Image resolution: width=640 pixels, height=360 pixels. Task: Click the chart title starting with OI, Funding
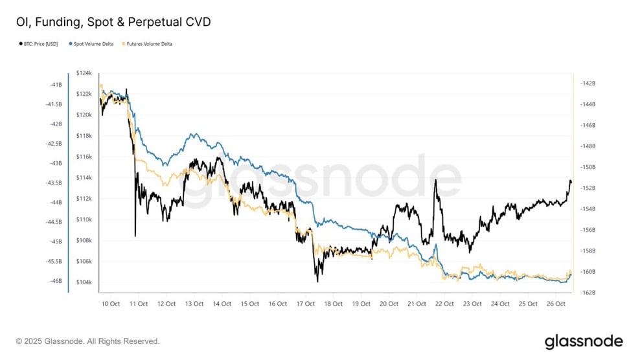[113, 22]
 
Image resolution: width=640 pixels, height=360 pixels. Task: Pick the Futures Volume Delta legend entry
[148, 44]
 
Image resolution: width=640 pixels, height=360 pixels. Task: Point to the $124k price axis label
[84, 73]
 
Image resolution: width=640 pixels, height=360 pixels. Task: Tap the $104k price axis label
[84, 282]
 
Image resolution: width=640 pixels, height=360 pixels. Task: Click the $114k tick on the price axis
[84, 177]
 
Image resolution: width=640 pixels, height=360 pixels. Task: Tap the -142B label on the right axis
[589, 84]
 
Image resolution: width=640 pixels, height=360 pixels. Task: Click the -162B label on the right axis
[589, 293]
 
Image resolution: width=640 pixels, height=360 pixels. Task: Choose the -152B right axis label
[589, 188]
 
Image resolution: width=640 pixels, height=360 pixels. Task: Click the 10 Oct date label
[111, 303]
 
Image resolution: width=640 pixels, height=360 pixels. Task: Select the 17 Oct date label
[306, 303]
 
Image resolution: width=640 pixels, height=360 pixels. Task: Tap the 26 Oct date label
[556, 303]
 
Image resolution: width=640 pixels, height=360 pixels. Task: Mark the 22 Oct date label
[444, 303]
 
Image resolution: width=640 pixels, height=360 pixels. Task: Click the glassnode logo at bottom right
[584, 341]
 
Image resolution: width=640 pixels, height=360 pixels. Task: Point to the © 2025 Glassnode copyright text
[87, 341]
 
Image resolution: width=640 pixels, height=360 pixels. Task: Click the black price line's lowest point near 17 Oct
[317, 282]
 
